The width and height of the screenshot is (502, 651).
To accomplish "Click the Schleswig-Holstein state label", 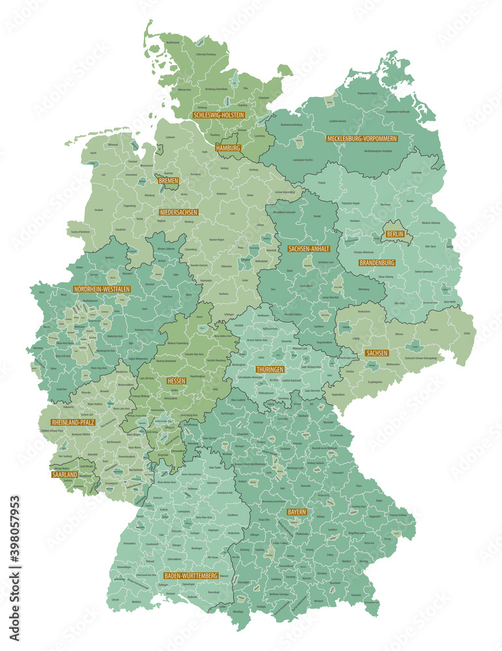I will click(219, 115).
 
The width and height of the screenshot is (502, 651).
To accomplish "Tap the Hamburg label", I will click(229, 148).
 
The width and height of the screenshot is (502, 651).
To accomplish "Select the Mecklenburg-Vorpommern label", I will click(362, 139).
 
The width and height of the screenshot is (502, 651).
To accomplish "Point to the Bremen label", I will click(168, 180).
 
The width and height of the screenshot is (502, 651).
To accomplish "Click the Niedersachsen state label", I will click(178, 212).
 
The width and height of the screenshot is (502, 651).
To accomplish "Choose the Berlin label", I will click(395, 234).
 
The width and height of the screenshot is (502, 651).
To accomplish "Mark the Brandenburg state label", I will click(377, 263).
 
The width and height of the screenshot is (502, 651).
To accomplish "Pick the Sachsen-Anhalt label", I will click(309, 249).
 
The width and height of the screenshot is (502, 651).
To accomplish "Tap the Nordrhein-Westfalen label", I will click(102, 288).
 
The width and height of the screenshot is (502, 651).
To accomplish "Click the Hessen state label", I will click(176, 380).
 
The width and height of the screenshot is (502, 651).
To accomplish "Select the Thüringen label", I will click(270, 369).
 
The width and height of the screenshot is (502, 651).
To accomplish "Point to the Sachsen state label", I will click(377, 353).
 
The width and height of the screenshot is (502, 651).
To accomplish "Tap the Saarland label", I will click(65, 475).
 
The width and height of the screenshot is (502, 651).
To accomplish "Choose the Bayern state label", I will click(296, 512).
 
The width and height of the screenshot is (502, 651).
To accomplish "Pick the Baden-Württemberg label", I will click(191, 576).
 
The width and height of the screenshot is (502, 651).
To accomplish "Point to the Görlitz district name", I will click(466, 333).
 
